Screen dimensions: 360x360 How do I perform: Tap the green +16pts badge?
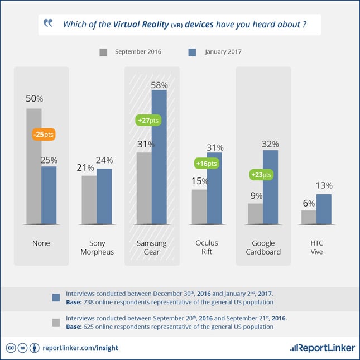206,164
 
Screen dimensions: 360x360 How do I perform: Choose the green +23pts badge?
261,174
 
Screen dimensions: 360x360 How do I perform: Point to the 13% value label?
324,185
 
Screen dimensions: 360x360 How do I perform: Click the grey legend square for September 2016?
103,52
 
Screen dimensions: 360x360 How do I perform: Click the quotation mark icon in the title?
49,23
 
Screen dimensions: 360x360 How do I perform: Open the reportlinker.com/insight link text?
80,347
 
